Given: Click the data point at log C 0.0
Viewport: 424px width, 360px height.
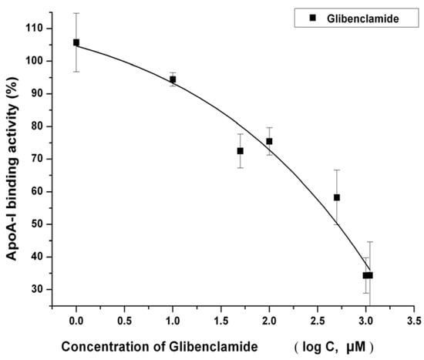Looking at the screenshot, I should point(76,42).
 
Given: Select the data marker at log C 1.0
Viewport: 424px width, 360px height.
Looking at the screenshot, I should point(173,79).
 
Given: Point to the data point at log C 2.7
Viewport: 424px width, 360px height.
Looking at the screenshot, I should point(337,197).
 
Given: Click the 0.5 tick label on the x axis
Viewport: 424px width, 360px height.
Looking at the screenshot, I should point(124,318).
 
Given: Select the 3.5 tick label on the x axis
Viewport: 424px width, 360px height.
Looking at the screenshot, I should point(414,318).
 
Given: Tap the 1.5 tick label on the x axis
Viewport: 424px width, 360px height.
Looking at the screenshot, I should point(220,318).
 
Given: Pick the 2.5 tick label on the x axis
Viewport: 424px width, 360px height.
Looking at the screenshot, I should point(318,318).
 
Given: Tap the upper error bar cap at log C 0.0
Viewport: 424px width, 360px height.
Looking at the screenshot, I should point(76,13).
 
